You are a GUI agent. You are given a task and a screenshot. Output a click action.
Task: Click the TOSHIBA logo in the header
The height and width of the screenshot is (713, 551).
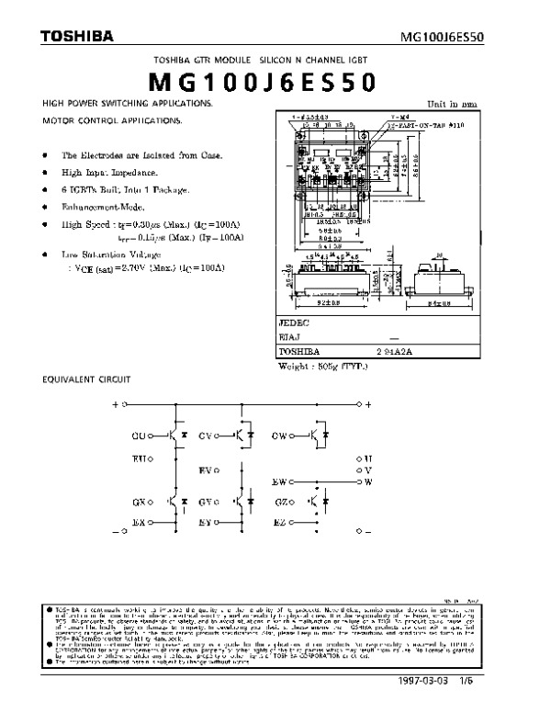[77, 37]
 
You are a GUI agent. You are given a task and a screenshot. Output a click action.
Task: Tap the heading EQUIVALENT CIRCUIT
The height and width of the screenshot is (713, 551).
[87, 379]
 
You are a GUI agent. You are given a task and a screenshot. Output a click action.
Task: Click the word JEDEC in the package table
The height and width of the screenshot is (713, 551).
[294, 324]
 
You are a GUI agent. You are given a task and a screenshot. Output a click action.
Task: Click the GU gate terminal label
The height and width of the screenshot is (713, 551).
[140, 435]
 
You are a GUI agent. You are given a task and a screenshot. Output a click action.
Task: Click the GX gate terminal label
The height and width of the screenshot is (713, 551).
[140, 503]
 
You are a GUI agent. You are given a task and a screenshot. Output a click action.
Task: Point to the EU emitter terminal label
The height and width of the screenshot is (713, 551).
[140, 457]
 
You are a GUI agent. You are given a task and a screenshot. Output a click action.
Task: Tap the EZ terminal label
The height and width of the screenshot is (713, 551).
[280, 523]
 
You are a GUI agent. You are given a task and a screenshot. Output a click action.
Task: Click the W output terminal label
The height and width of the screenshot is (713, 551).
[369, 481]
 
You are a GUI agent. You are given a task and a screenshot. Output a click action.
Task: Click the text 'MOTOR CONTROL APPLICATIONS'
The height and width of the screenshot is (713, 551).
[112, 121]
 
